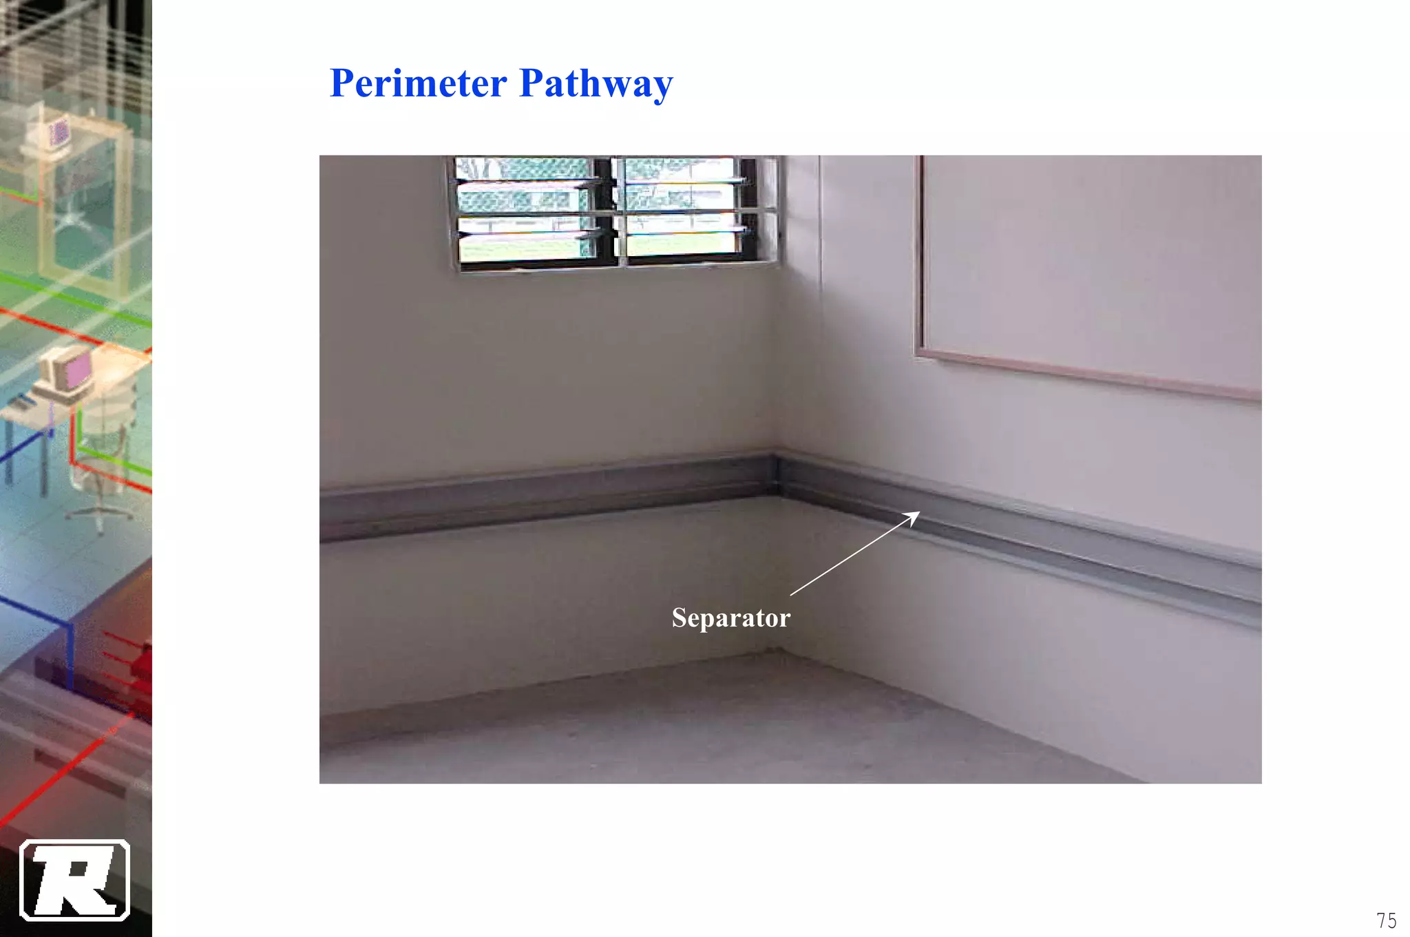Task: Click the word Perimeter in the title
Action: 418,83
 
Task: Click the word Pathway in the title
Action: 596,85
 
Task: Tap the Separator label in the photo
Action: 730,618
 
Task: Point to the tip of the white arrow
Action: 919,512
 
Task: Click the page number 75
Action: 1386,920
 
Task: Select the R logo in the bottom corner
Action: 74,880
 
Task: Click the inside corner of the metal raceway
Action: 777,475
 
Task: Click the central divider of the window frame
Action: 618,212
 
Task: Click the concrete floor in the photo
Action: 688,730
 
